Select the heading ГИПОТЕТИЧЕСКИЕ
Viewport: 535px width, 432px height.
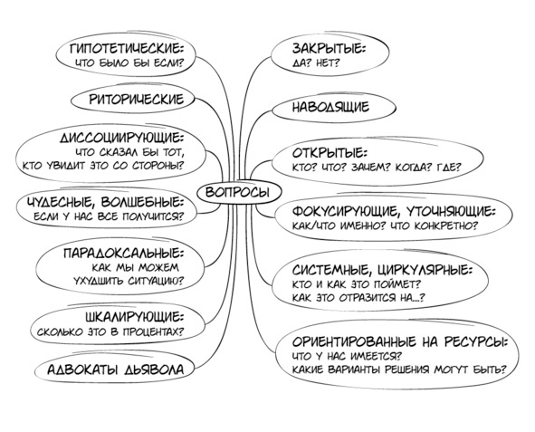(x=127, y=48)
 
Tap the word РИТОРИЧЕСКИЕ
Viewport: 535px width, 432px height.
(x=137, y=100)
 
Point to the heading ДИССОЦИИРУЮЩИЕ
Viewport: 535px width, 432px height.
(x=122, y=139)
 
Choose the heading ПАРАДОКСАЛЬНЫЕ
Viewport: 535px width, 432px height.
(x=123, y=254)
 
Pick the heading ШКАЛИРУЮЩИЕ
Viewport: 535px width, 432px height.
(x=135, y=317)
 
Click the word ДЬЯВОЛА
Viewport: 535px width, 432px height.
(x=154, y=370)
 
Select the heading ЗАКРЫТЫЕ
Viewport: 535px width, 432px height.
(x=329, y=48)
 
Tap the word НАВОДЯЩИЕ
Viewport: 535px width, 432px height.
(x=330, y=108)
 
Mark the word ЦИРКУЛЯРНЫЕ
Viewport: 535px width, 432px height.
(x=425, y=271)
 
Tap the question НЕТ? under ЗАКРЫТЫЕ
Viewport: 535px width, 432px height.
(x=328, y=63)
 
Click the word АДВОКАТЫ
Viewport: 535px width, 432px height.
(x=83, y=370)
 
